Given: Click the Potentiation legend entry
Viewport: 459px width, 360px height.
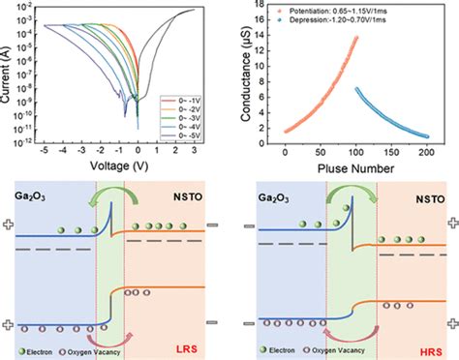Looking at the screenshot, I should pos(345,15).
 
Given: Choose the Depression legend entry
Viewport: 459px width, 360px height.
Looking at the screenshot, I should pos(345,26).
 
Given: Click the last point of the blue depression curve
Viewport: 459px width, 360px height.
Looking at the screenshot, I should pos(432,135).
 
